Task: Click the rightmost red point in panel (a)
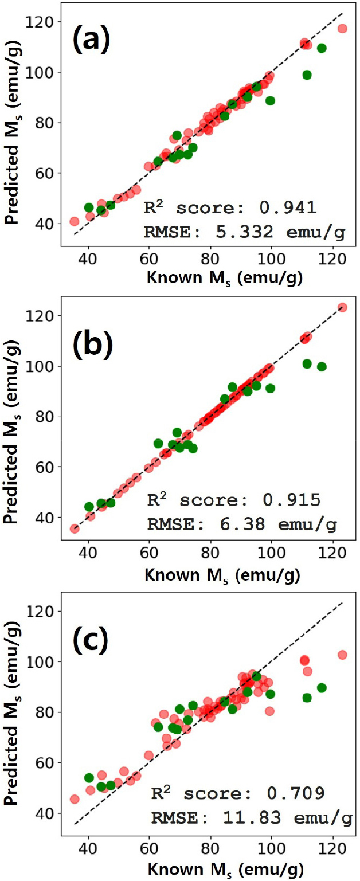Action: click(342, 28)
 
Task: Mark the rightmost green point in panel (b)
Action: click(322, 366)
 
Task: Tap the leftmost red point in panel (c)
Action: click(75, 799)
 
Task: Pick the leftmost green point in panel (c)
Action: click(89, 778)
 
